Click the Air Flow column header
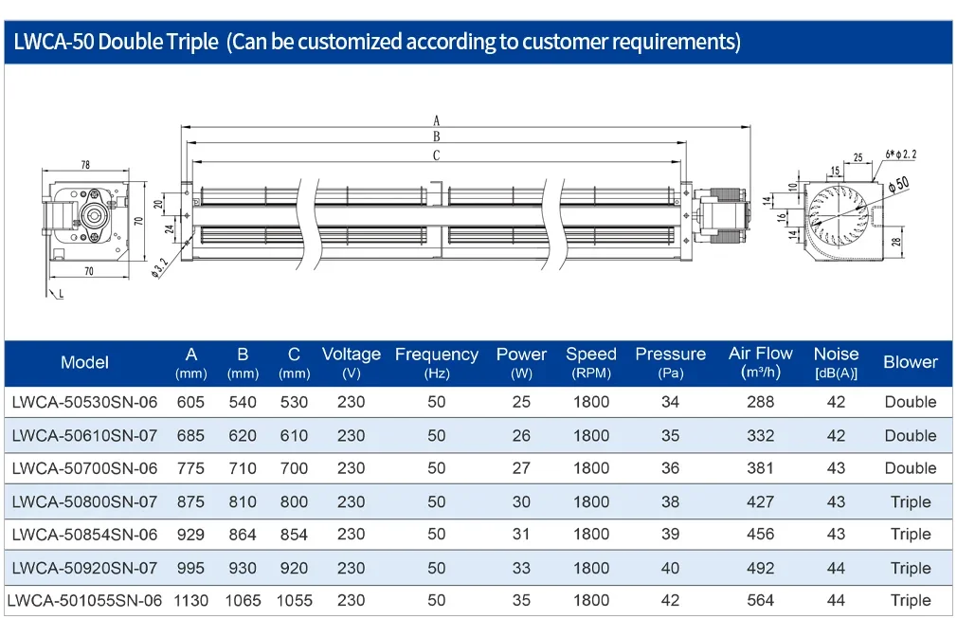coord(761,362)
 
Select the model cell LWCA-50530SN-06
coord(85,402)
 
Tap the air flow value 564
coord(761,600)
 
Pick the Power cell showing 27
coord(521,468)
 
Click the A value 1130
coord(191,600)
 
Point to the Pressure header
coord(670,362)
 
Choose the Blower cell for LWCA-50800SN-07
coord(911,502)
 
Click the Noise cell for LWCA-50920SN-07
coord(836,568)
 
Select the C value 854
coord(294,535)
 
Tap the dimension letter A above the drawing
coord(437,120)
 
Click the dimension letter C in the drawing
coord(437,155)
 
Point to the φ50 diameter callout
coord(898,185)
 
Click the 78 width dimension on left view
coord(85,165)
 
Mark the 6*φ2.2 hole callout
coord(901,154)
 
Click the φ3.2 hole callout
coord(160,268)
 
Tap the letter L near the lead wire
coord(61,295)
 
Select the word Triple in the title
coord(191,42)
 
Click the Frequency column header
coord(437,363)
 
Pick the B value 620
coord(243,435)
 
